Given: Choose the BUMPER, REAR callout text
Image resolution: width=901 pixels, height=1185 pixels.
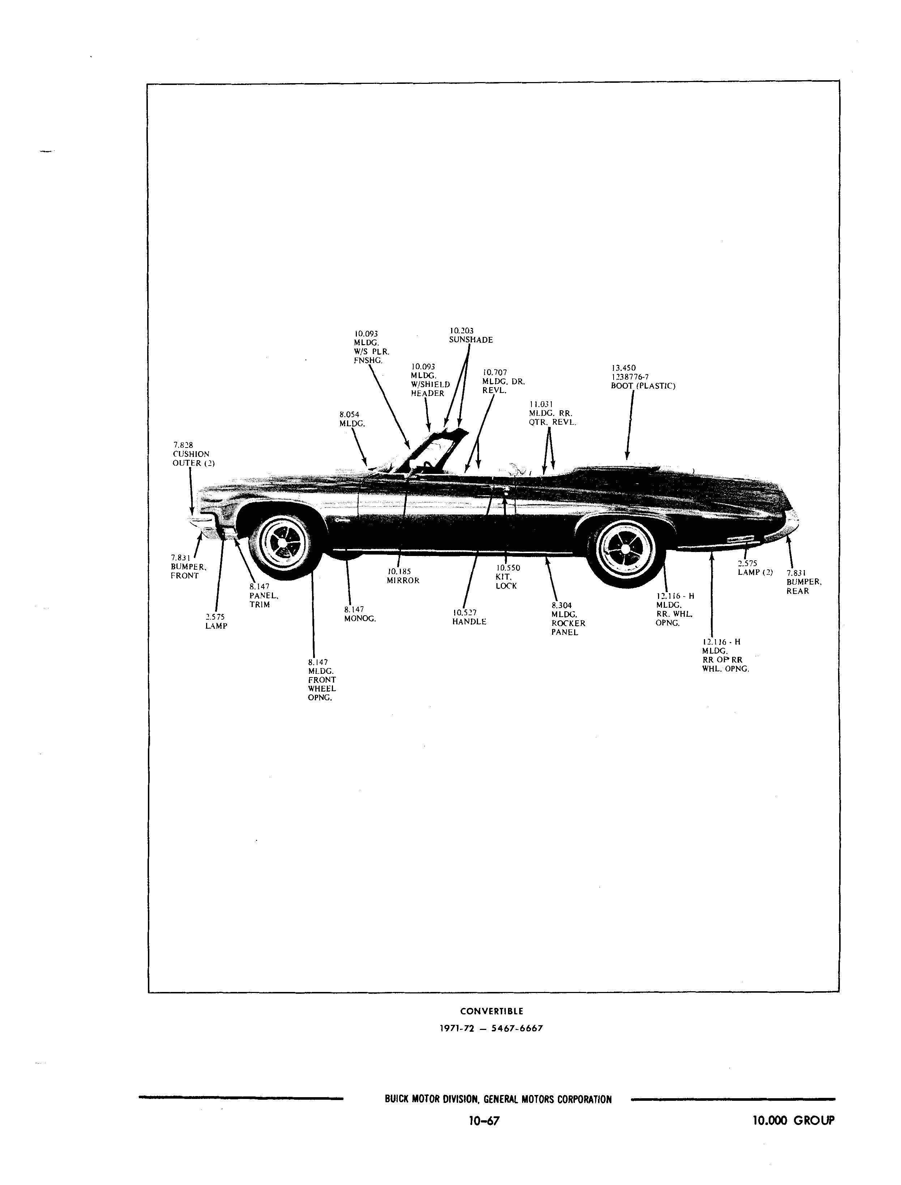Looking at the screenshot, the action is tap(804, 582).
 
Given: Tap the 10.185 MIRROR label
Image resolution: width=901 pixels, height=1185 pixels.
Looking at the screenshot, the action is tap(403, 576).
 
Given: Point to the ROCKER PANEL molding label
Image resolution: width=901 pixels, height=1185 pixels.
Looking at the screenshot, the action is tap(568, 619).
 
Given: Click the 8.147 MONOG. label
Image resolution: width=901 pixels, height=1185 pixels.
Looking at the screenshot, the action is tap(360, 614).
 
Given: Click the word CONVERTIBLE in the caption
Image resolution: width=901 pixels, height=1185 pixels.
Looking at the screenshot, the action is tap(492, 1011).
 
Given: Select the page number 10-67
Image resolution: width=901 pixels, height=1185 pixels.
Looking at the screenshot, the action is tap(484, 1121).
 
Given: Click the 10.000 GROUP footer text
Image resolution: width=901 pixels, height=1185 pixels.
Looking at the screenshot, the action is tap(794, 1120).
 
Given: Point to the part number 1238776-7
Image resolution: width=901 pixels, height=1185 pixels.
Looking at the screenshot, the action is tap(630, 377).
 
